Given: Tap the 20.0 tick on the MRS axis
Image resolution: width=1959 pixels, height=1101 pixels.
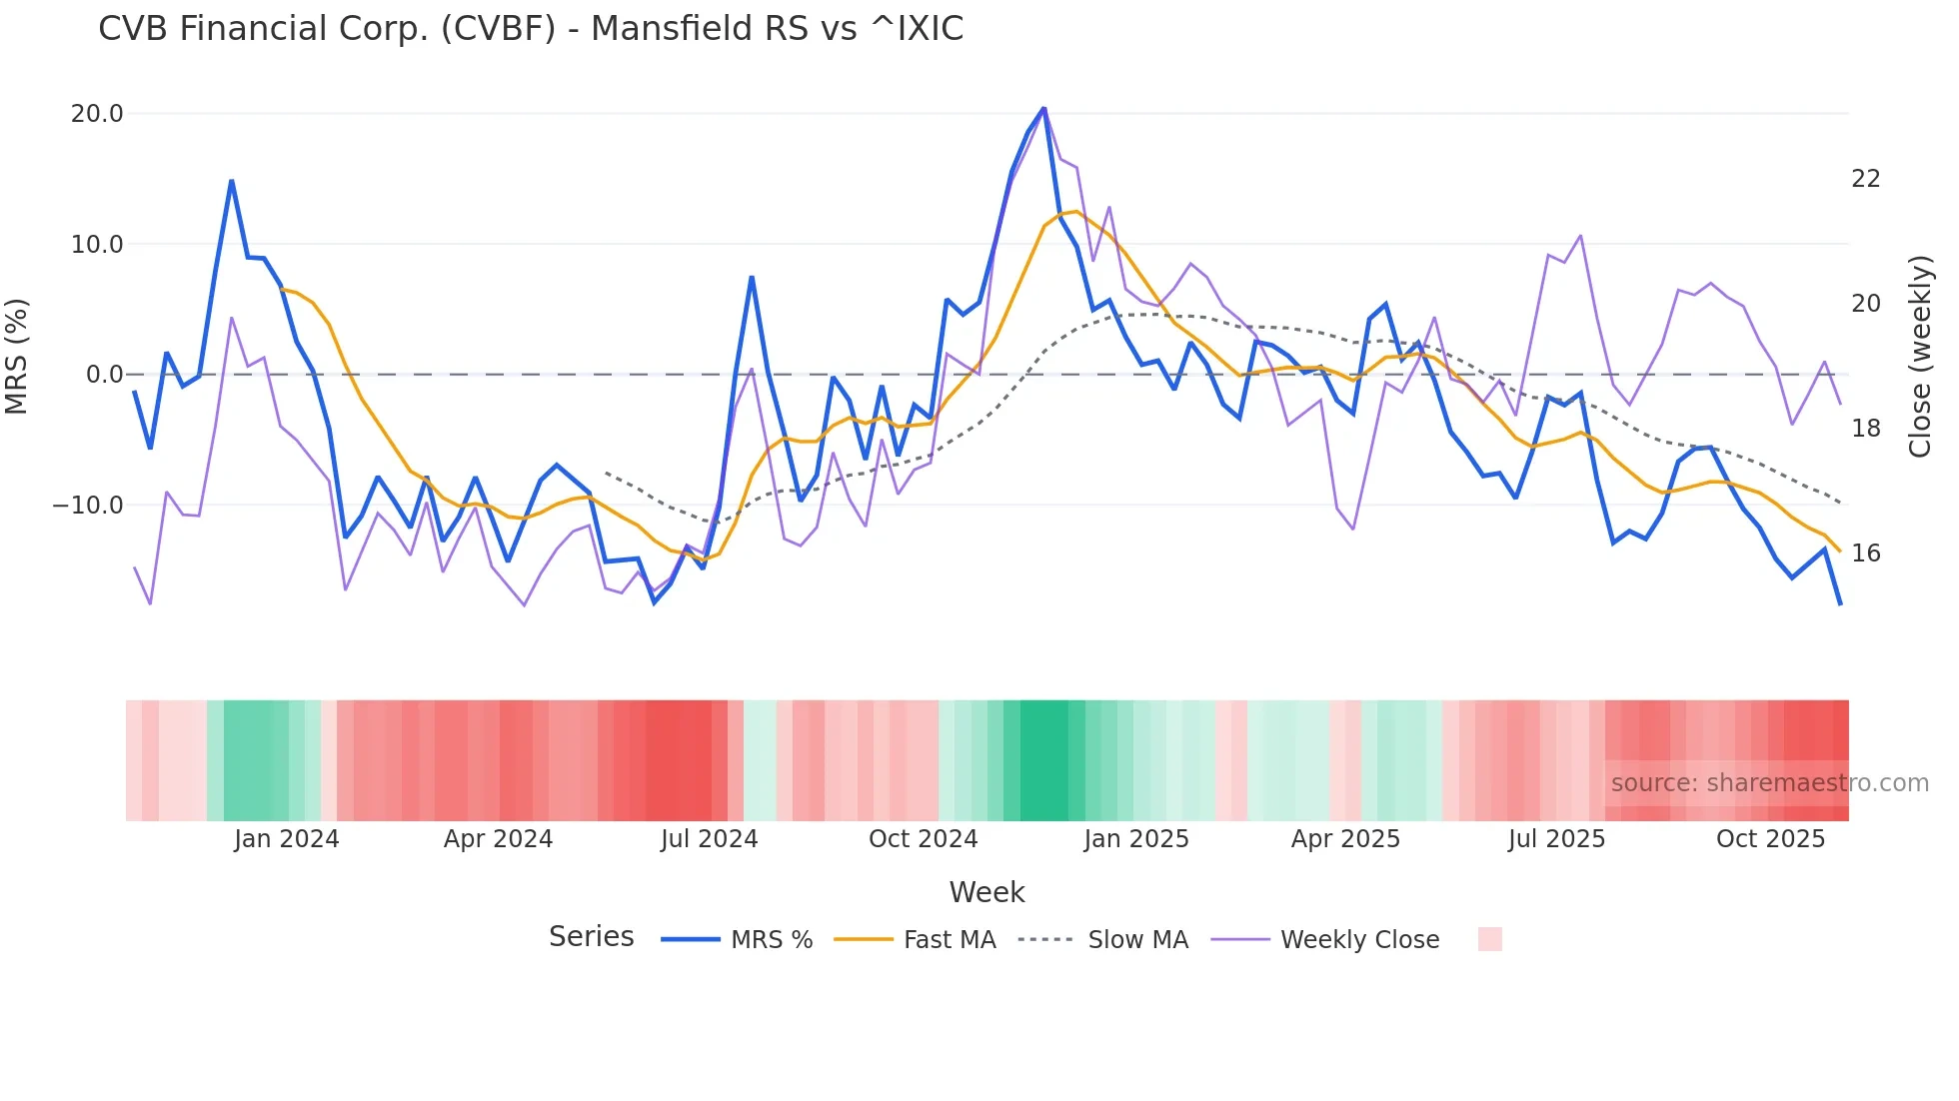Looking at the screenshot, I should [97, 114].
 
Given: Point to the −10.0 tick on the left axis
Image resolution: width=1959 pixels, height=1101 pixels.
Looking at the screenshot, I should [88, 506].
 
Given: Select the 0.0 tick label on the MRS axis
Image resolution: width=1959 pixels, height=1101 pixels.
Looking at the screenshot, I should [104, 375].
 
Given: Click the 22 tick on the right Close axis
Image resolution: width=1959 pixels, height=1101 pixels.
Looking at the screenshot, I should [1865, 179].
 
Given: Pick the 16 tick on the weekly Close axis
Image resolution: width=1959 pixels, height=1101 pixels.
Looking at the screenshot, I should [1865, 553].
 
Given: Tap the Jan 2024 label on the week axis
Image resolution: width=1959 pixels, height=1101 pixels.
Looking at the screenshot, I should [287, 839].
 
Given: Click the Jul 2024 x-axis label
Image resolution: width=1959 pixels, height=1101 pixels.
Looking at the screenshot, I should [710, 839].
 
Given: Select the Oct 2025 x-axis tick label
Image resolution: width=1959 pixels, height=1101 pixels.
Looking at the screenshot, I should [1770, 839].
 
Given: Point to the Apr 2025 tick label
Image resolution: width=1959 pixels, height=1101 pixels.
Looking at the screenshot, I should [1345, 839].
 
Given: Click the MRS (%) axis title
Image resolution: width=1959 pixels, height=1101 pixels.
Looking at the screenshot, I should [17, 357].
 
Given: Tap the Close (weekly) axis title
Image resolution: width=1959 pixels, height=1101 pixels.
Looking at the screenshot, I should [1920, 357].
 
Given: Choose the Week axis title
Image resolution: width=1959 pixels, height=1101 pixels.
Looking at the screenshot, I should [986, 892].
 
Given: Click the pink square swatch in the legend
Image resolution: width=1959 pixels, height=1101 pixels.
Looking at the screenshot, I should [1489, 939].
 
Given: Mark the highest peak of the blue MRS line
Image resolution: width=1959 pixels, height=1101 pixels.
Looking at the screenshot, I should [1043, 108].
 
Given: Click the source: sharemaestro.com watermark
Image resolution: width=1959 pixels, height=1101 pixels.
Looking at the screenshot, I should [1769, 783].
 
